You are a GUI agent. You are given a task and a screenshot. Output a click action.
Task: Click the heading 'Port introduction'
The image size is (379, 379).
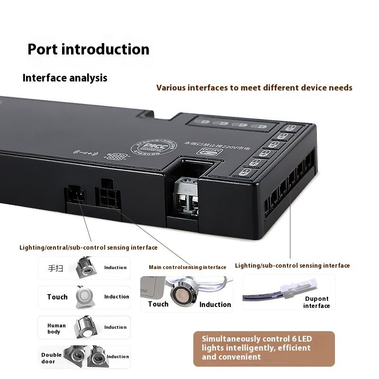click(x=88, y=49)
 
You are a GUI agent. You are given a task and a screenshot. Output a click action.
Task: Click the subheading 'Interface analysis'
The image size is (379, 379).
click(x=65, y=78)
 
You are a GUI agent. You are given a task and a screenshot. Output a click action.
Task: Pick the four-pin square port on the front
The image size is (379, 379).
click(x=108, y=194)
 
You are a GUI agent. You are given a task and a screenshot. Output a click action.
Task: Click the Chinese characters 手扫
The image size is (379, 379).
click(x=55, y=268)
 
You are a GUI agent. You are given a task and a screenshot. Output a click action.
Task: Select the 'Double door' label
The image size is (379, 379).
click(x=52, y=358)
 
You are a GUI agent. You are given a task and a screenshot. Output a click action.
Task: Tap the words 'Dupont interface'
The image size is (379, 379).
click(x=316, y=302)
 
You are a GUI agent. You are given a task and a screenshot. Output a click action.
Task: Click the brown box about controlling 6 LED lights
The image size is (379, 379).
click(x=264, y=348)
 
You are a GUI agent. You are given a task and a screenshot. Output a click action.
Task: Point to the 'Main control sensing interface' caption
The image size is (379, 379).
click(x=187, y=267)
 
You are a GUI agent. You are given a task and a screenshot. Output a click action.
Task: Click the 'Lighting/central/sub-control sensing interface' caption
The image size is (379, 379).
click(x=89, y=247)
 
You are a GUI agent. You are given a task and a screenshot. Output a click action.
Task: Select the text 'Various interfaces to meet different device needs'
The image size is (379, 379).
click(x=254, y=88)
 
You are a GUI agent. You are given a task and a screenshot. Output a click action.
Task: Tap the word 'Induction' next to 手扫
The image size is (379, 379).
click(x=115, y=268)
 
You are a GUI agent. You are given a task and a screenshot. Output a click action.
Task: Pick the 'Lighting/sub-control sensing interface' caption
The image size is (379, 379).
click(x=292, y=266)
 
